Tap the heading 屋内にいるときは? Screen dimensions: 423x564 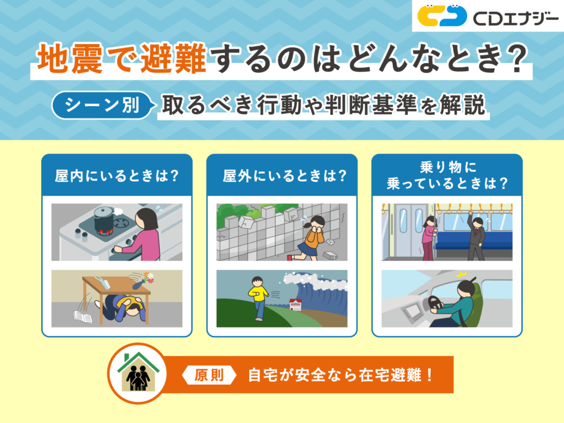[117, 175]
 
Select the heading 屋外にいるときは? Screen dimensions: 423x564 [282, 175]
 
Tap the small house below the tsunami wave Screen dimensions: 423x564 [296, 305]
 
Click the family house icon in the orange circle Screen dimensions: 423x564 [138, 373]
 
